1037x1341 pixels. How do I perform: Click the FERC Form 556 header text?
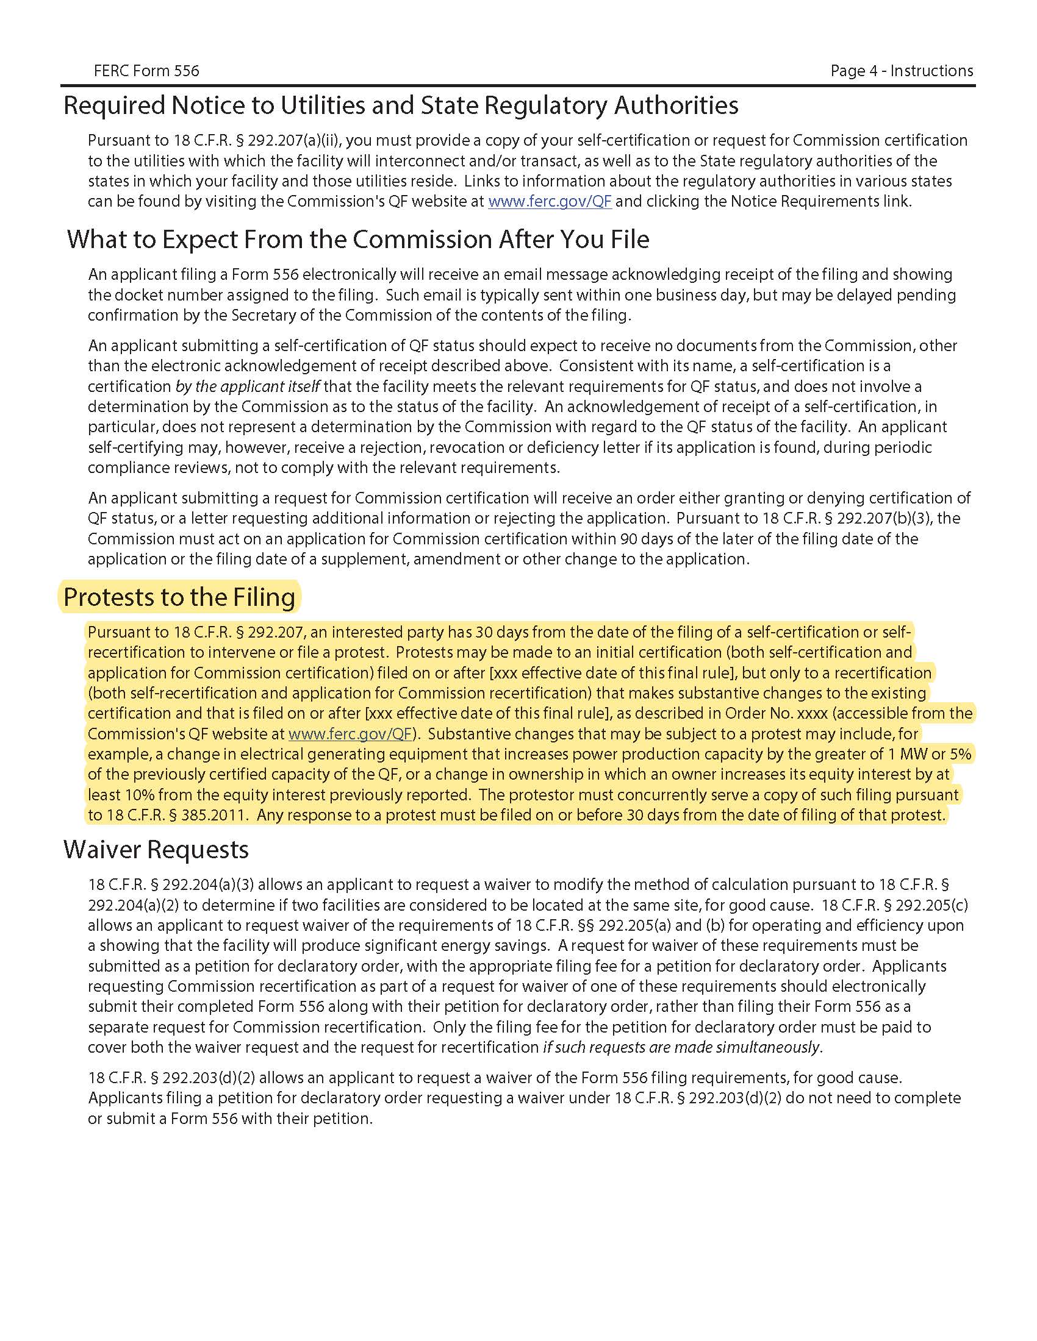(146, 71)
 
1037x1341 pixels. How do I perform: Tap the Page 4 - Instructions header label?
(901, 71)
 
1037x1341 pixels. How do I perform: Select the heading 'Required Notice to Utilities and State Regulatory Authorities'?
(401, 105)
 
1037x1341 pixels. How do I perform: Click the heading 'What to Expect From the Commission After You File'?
(357, 240)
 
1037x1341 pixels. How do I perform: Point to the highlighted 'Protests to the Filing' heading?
(179, 597)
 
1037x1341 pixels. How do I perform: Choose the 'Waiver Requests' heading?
(156, 850)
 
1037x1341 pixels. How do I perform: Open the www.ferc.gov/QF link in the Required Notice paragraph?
(550, 201)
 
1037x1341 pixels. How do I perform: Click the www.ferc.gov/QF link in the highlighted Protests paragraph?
(350, 734)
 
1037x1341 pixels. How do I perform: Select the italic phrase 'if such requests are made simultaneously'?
(681, 1047)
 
